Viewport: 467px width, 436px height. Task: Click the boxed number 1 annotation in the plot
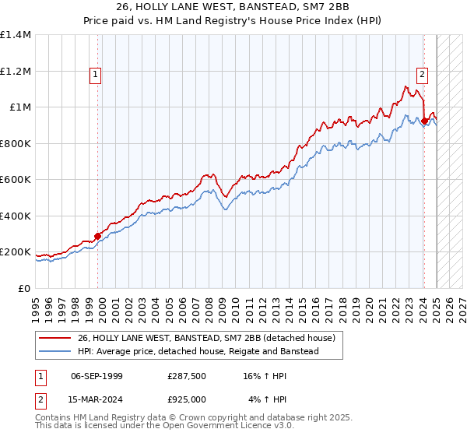(x=95, y=76)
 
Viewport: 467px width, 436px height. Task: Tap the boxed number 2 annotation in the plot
(x=422, y=76)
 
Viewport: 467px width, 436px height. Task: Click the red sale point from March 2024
(x=423, y=121)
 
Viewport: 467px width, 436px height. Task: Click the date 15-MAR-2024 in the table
(x=97, y=399)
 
